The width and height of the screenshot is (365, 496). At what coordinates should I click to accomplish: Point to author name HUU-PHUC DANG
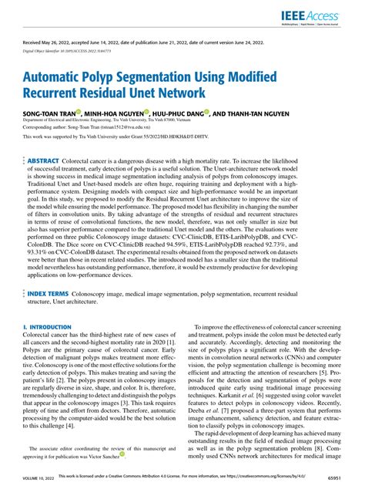coord(182,113)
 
